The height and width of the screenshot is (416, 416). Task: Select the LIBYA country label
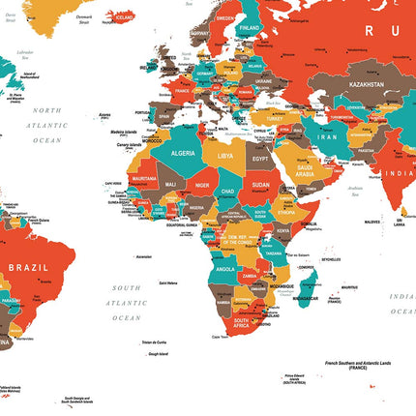click(x=224, y=155)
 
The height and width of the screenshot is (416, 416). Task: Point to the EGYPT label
click(x=260, y=158)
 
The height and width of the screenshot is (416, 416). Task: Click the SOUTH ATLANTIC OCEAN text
click(x=126, y=303)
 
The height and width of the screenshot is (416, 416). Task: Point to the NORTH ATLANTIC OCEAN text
click(x=45, y=125)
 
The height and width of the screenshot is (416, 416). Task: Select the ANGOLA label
click(x=224, y=269)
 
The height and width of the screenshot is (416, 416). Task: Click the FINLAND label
click(x=248, y=28)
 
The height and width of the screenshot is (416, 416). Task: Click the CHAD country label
click(x=227, y=192)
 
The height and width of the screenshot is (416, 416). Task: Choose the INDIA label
click(x=400, y=173)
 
